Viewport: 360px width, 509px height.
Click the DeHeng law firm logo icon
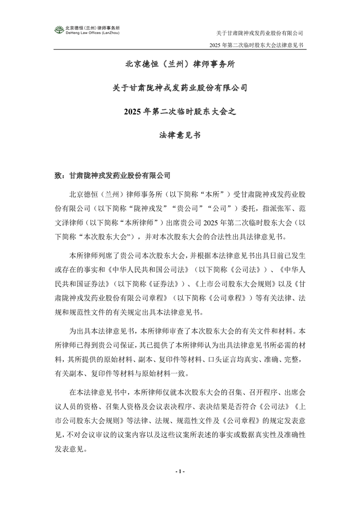point(59,30)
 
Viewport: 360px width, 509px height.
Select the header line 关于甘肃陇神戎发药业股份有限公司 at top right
point(259,33)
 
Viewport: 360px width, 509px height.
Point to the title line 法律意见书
point(180,135)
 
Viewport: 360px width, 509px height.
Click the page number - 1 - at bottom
point(180,472)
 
